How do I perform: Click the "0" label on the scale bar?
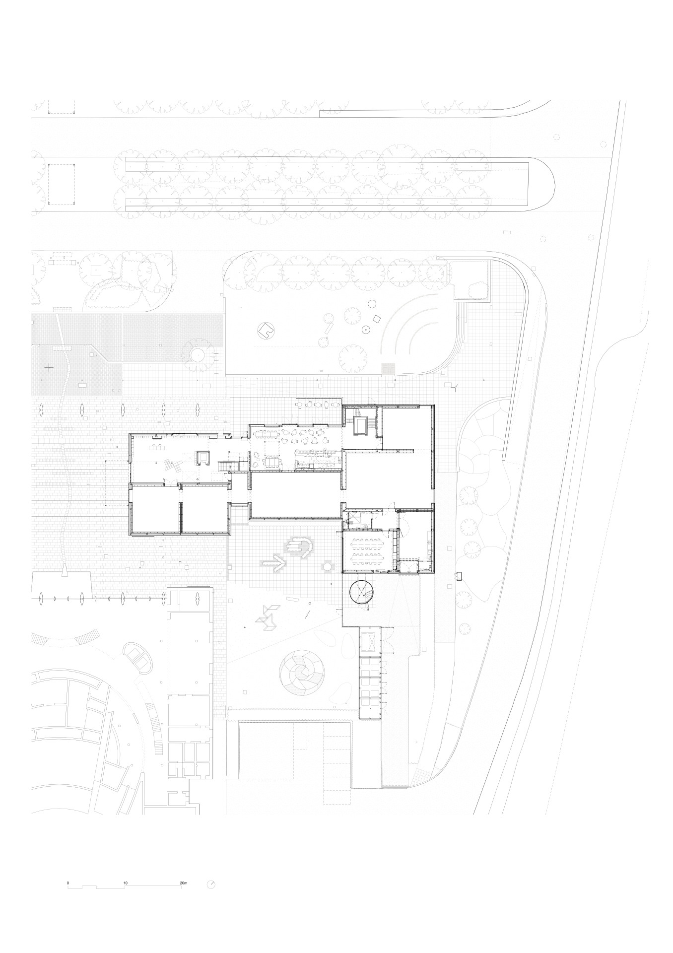[x=68, y=884]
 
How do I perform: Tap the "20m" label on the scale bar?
[x=184, y=884]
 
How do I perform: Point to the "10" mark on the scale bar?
[x=126, y=884]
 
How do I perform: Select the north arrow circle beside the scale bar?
[x=211, y=885]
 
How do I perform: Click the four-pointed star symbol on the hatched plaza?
[x=49, y=367]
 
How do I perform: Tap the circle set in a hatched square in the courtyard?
[x=328, y=565]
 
